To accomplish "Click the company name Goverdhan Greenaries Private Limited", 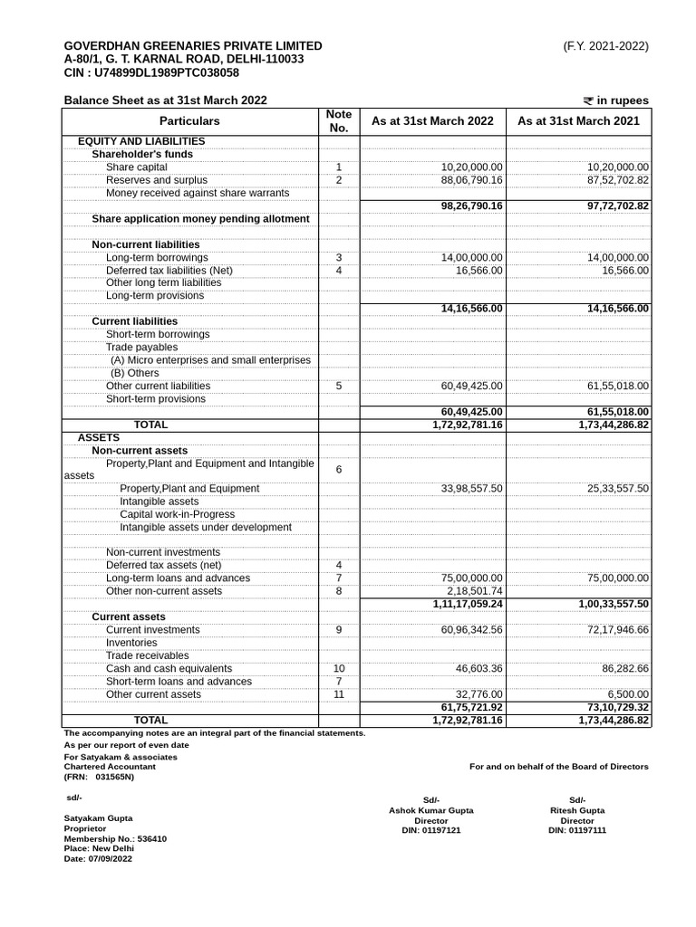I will click(x=192, y=45).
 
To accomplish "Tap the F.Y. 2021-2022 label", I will click(x=605, y=45).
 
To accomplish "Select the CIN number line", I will click(x=151, y=72).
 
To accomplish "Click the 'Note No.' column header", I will click(x=338, y=121).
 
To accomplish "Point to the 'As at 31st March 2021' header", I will click(x=578, y=121).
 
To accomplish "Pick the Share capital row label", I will click(x=136, y=167).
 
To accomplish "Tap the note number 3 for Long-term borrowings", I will click(x=338, y=258).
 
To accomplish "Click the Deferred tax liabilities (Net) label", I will click(x=169, y=271).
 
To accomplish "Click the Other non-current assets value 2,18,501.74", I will click(x=474, y=591).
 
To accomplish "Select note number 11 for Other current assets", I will click(x=338, y=694).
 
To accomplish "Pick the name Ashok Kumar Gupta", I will click(x=430, y=810).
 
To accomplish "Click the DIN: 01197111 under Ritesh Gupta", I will click(x=577, y=830).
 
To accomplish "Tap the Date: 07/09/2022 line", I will click(x=98, y=858).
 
